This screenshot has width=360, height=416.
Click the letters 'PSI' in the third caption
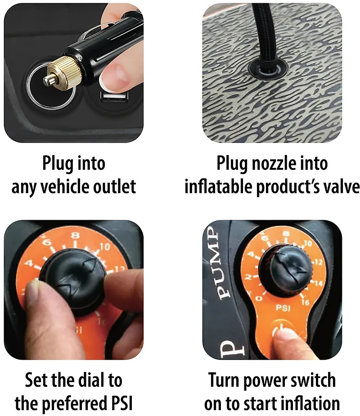point(119,403)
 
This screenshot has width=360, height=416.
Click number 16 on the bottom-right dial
point(305,302)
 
